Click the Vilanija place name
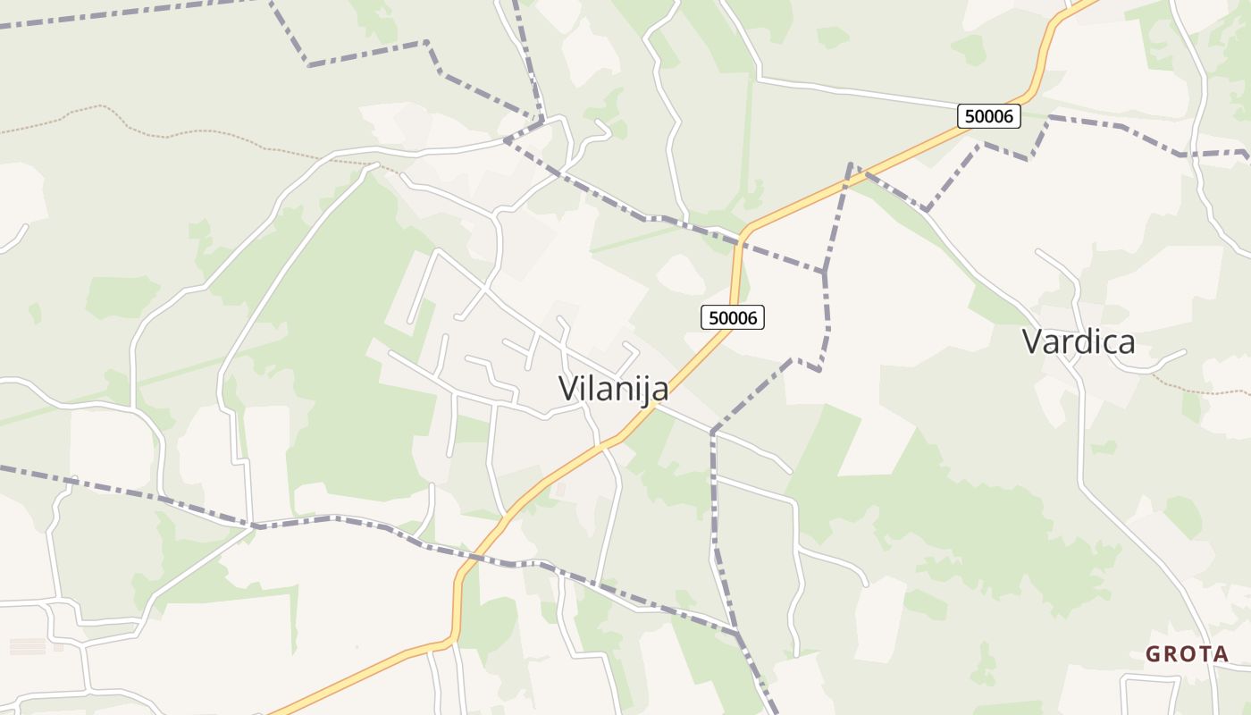click(613, 388)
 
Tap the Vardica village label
click(1079, 341)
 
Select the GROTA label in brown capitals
click(1188, 654)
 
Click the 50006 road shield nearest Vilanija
click(733, 317)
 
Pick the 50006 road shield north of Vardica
click(988, 116)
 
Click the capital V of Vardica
click(1033, 341)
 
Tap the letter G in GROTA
click(1153, 654)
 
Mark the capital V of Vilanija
click(569, 388)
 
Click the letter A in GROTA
click(1222, 654)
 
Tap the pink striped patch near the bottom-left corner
click(27, 645)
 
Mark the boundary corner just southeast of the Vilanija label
click(713, 433)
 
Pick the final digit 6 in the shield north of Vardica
click(1011, 116)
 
